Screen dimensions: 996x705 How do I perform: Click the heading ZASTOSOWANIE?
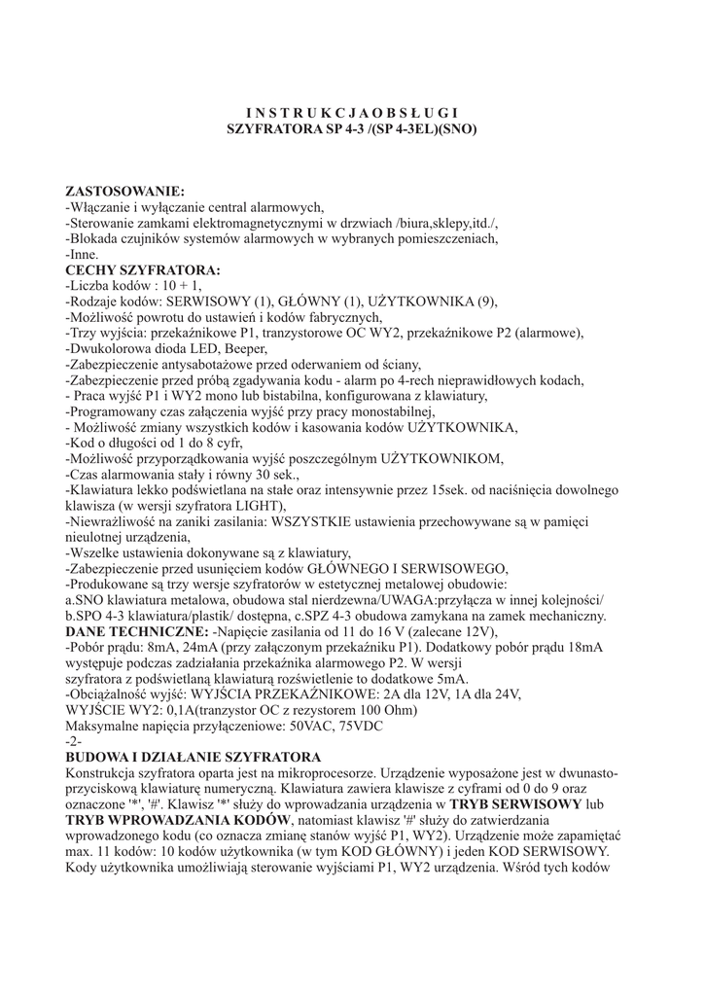pyautogui.click(x=123, y=191)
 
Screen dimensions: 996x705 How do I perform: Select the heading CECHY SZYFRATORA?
pyautogui.click(x=142, y=269)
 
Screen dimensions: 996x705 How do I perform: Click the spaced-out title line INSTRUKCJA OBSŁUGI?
pyautogui.click(x=351, y=112)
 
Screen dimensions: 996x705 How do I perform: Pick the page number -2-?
pyautogui.click(x=74, y=741)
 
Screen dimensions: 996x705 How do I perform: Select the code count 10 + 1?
pyautogui.click(x=183, y=286)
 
